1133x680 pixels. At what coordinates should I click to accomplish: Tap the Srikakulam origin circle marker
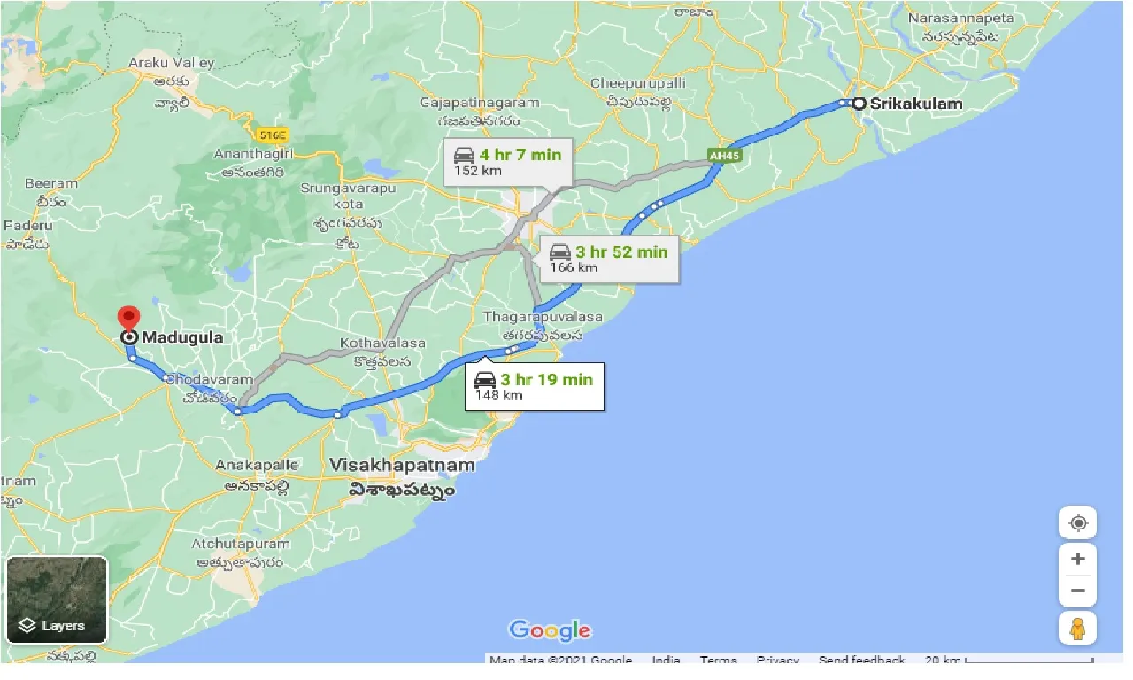[x=858, y=104]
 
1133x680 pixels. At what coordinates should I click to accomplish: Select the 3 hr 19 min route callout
[x=535, y=386]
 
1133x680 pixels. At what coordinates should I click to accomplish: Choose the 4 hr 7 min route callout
[x=508, y=161]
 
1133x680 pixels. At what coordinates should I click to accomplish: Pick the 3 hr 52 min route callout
[x=609, y=259]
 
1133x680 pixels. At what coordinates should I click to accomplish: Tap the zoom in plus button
[x=1077, y=559]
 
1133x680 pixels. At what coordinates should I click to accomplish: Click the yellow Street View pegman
[x=1077, y=629]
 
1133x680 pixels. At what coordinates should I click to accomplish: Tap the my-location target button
[x=1077, y=522]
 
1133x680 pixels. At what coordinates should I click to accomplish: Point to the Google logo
[x=550, y=630]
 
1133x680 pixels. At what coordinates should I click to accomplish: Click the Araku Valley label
[x=172, y=63]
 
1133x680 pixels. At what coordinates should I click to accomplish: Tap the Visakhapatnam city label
[x=401, y=465]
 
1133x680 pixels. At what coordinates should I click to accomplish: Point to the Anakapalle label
[x=258, y=465]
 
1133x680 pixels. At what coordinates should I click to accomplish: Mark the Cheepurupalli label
[x=637, y=83]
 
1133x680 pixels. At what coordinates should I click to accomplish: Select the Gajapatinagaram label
[x=481, y=103]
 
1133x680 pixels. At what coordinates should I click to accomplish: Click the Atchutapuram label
[x=240, y=543]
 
